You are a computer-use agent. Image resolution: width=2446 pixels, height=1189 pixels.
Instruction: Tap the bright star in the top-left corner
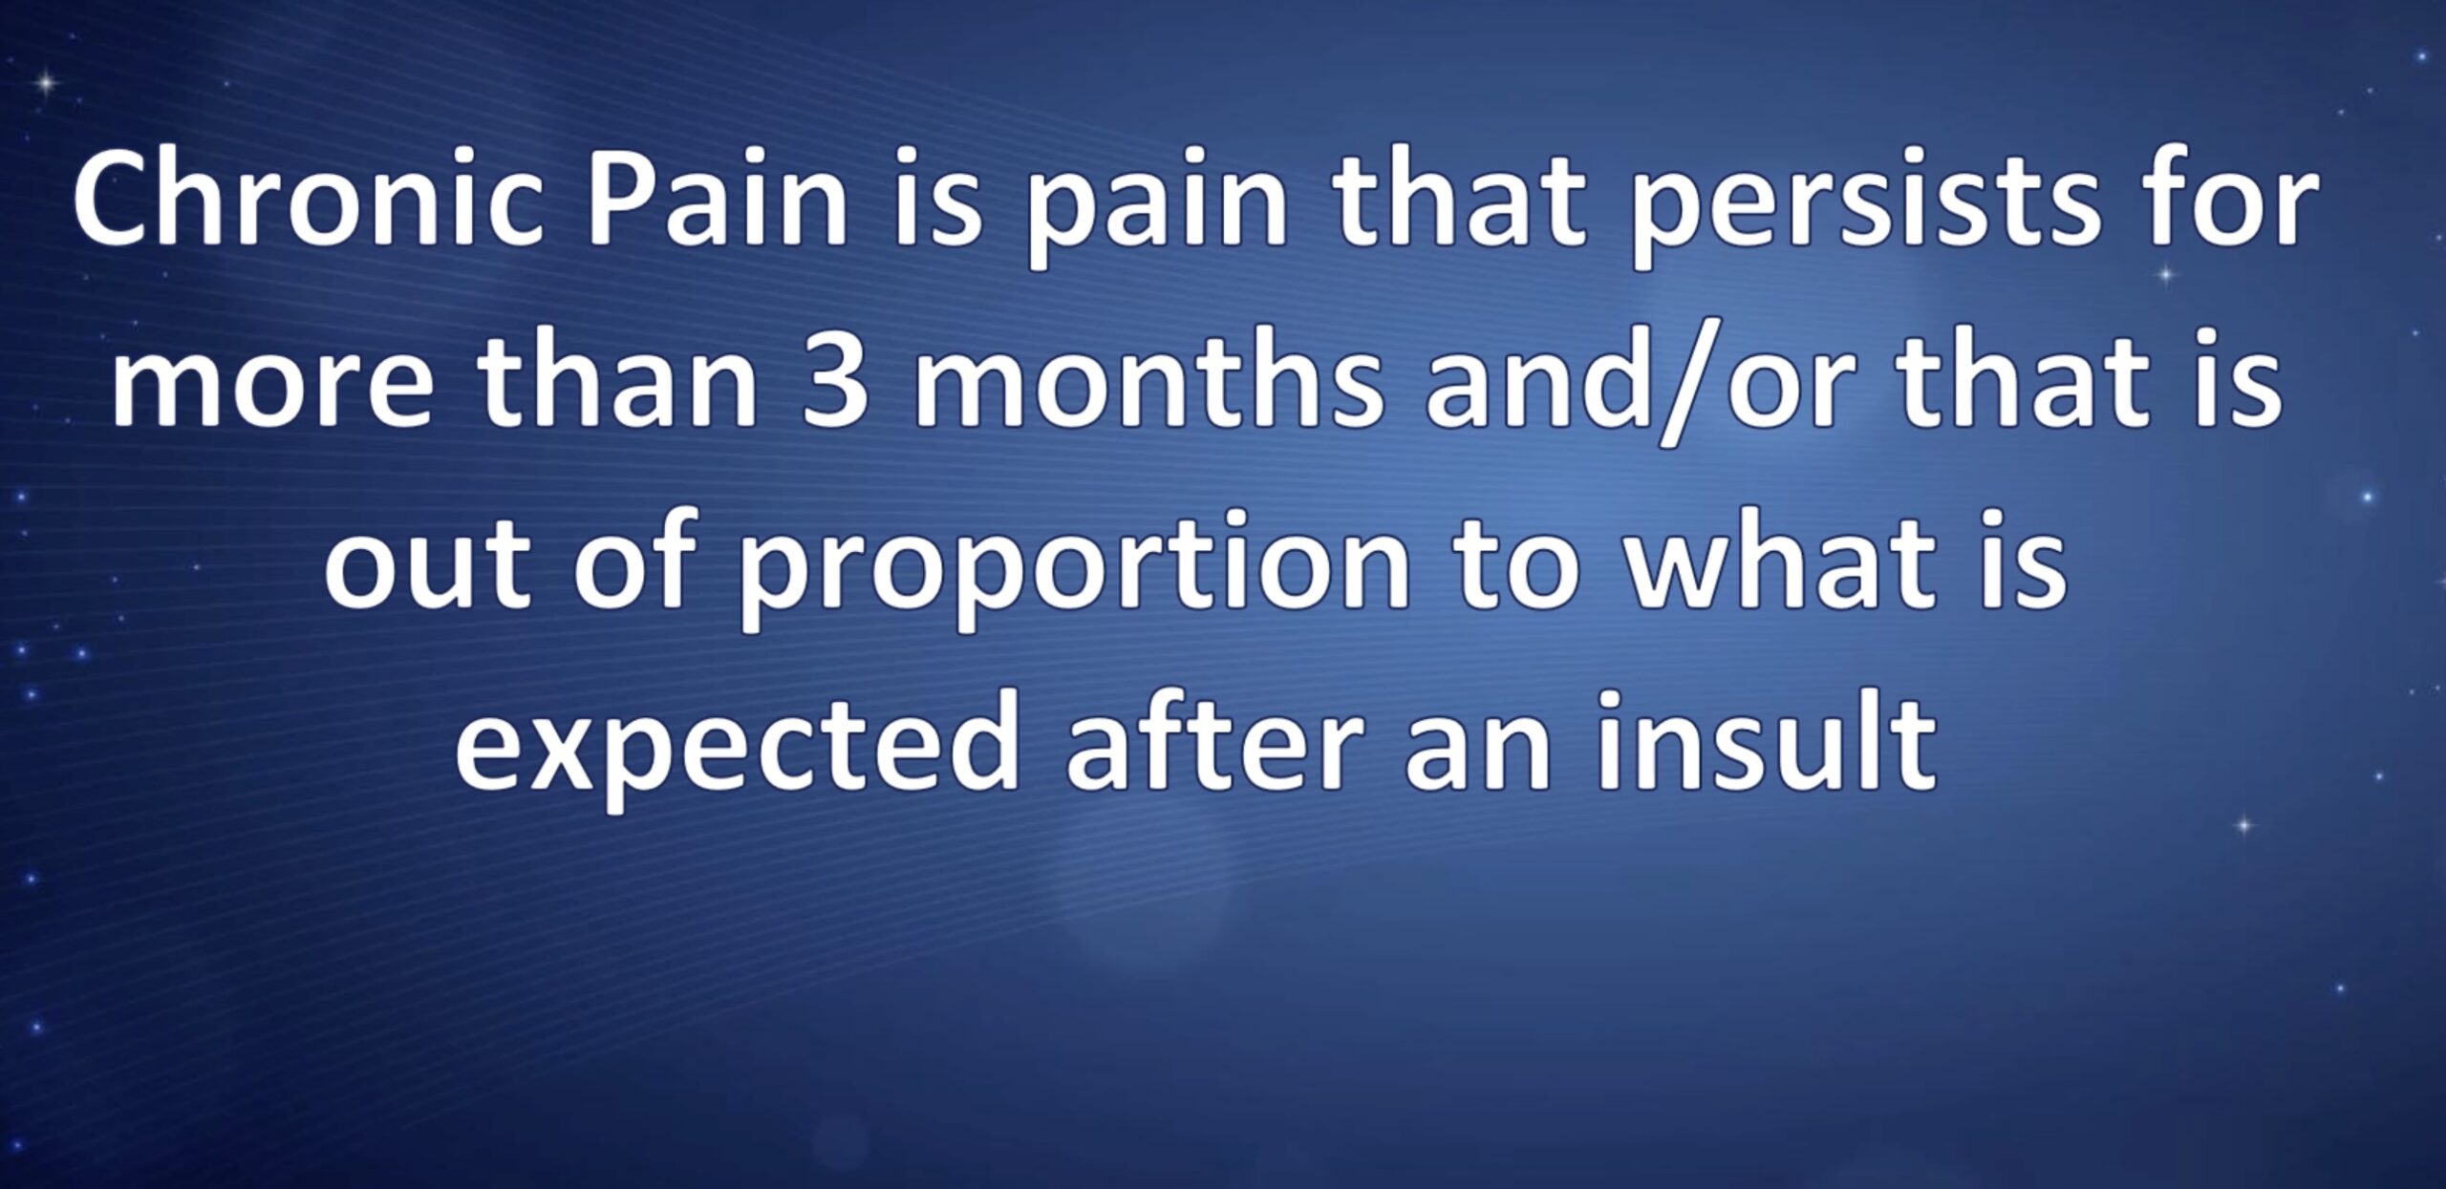[44, 84]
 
